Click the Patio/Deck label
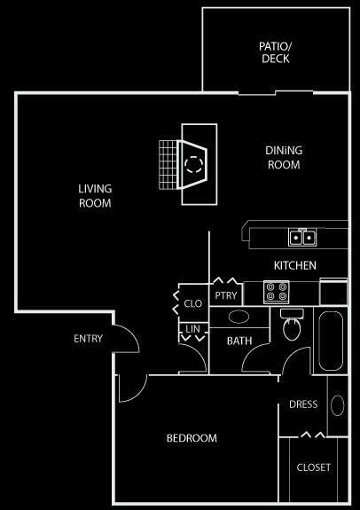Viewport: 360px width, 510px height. point(275,52)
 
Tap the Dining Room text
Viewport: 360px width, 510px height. point(284,157)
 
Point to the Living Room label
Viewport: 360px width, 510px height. point(95,195)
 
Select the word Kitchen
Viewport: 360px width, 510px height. point(294,265)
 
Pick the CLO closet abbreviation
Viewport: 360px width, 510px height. point(192,303)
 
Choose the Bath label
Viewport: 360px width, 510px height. point(240,341)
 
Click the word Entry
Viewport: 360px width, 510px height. point(89,339)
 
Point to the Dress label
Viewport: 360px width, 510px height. point(303,405)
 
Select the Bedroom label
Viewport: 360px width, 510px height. point(192,438)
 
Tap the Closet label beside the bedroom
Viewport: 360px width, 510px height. point(313,467)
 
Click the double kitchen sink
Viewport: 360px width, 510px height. point(301,238)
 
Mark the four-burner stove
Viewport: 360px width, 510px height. point(278,290)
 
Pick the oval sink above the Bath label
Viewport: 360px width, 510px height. point(239,316)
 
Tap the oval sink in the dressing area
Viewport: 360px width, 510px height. point(337,405)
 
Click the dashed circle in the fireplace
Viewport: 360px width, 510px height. point(193,163)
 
